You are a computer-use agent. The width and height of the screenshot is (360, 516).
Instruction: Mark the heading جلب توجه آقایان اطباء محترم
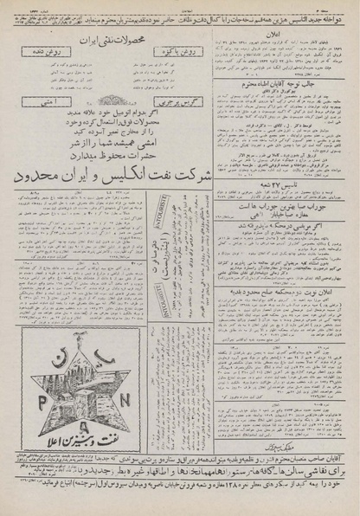(x=277, y=85)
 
